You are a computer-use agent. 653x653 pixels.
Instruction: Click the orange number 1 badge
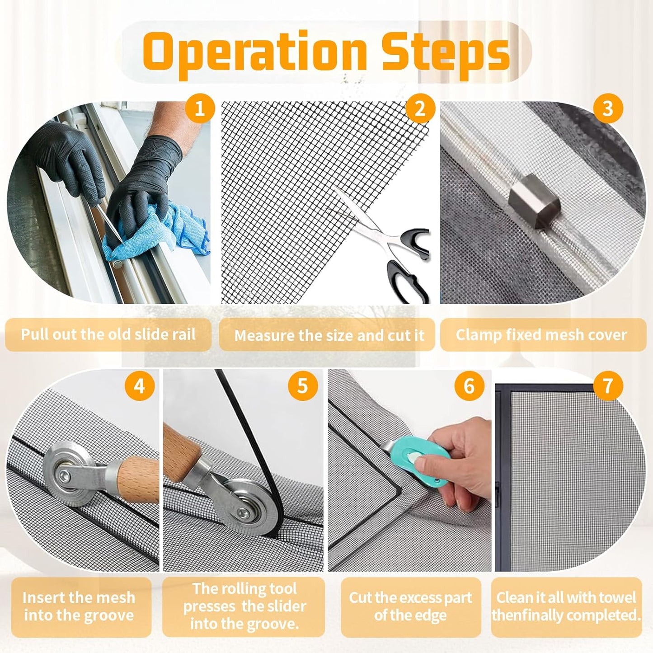pyautogui.click(x=199, y=109)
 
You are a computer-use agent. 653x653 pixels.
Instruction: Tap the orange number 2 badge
pyautogui.click(x=420, y=109)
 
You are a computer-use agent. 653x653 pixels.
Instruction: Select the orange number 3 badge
pyautogui.click(x=608, y=109)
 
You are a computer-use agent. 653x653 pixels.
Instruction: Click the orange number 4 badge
pyautogui.click(x=139, y=386)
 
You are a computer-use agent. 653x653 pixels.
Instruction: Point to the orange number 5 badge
pyautogui.click(x=302, y=386)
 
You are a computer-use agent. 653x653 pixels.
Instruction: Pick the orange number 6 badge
pyautogui.click(x=469, y=386)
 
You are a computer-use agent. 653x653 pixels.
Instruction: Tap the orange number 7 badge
pyautogui.click(x=608, y=386)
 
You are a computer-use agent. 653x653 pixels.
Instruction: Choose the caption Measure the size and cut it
pyautogui.click(x=329, y=335)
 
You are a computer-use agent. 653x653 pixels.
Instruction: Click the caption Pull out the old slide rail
pyautogui.click(x=108, y=334)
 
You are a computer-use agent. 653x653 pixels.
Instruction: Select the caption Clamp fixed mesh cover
pyautogui.click(x=541, y=335)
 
